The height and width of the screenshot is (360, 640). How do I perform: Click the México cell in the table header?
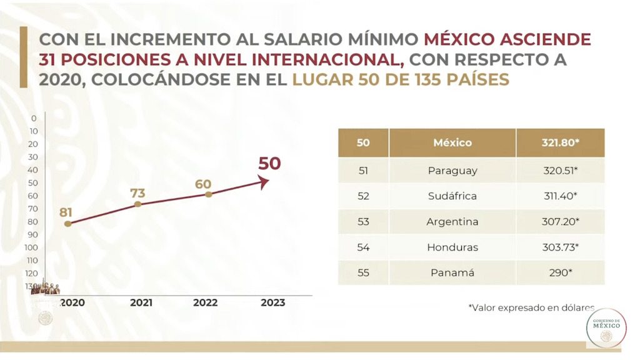tap(452, 142)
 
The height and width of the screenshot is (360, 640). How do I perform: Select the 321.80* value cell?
tap(561, 142)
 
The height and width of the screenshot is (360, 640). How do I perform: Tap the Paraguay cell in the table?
tap(452, 171)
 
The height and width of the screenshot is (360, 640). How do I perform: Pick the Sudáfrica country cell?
tap(452, 196)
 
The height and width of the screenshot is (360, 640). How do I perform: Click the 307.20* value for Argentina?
tap(561, 222)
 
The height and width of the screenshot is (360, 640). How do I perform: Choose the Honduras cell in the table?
tap(452, 247)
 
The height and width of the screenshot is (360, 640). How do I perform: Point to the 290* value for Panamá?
tap(561, 273)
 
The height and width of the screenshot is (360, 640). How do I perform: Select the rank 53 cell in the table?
tap(363, 222)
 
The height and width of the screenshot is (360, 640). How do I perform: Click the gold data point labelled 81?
tap(67, 223)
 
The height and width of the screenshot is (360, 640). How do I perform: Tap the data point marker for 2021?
tap(138, 204)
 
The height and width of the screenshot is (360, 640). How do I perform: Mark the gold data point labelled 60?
tap(209, 194)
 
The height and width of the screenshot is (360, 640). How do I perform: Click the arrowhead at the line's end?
tap(265, 182)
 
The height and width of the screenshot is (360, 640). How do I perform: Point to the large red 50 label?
tap(269, 164)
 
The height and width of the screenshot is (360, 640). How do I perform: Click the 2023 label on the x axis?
tap(272, 303)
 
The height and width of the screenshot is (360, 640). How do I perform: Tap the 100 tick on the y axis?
tap(32, 247)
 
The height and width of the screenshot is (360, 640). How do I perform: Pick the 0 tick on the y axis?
tap(34, 118)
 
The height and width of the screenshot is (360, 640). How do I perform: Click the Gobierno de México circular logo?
tap(606, 328)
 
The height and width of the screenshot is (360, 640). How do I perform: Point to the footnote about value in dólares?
tap(531, 307)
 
